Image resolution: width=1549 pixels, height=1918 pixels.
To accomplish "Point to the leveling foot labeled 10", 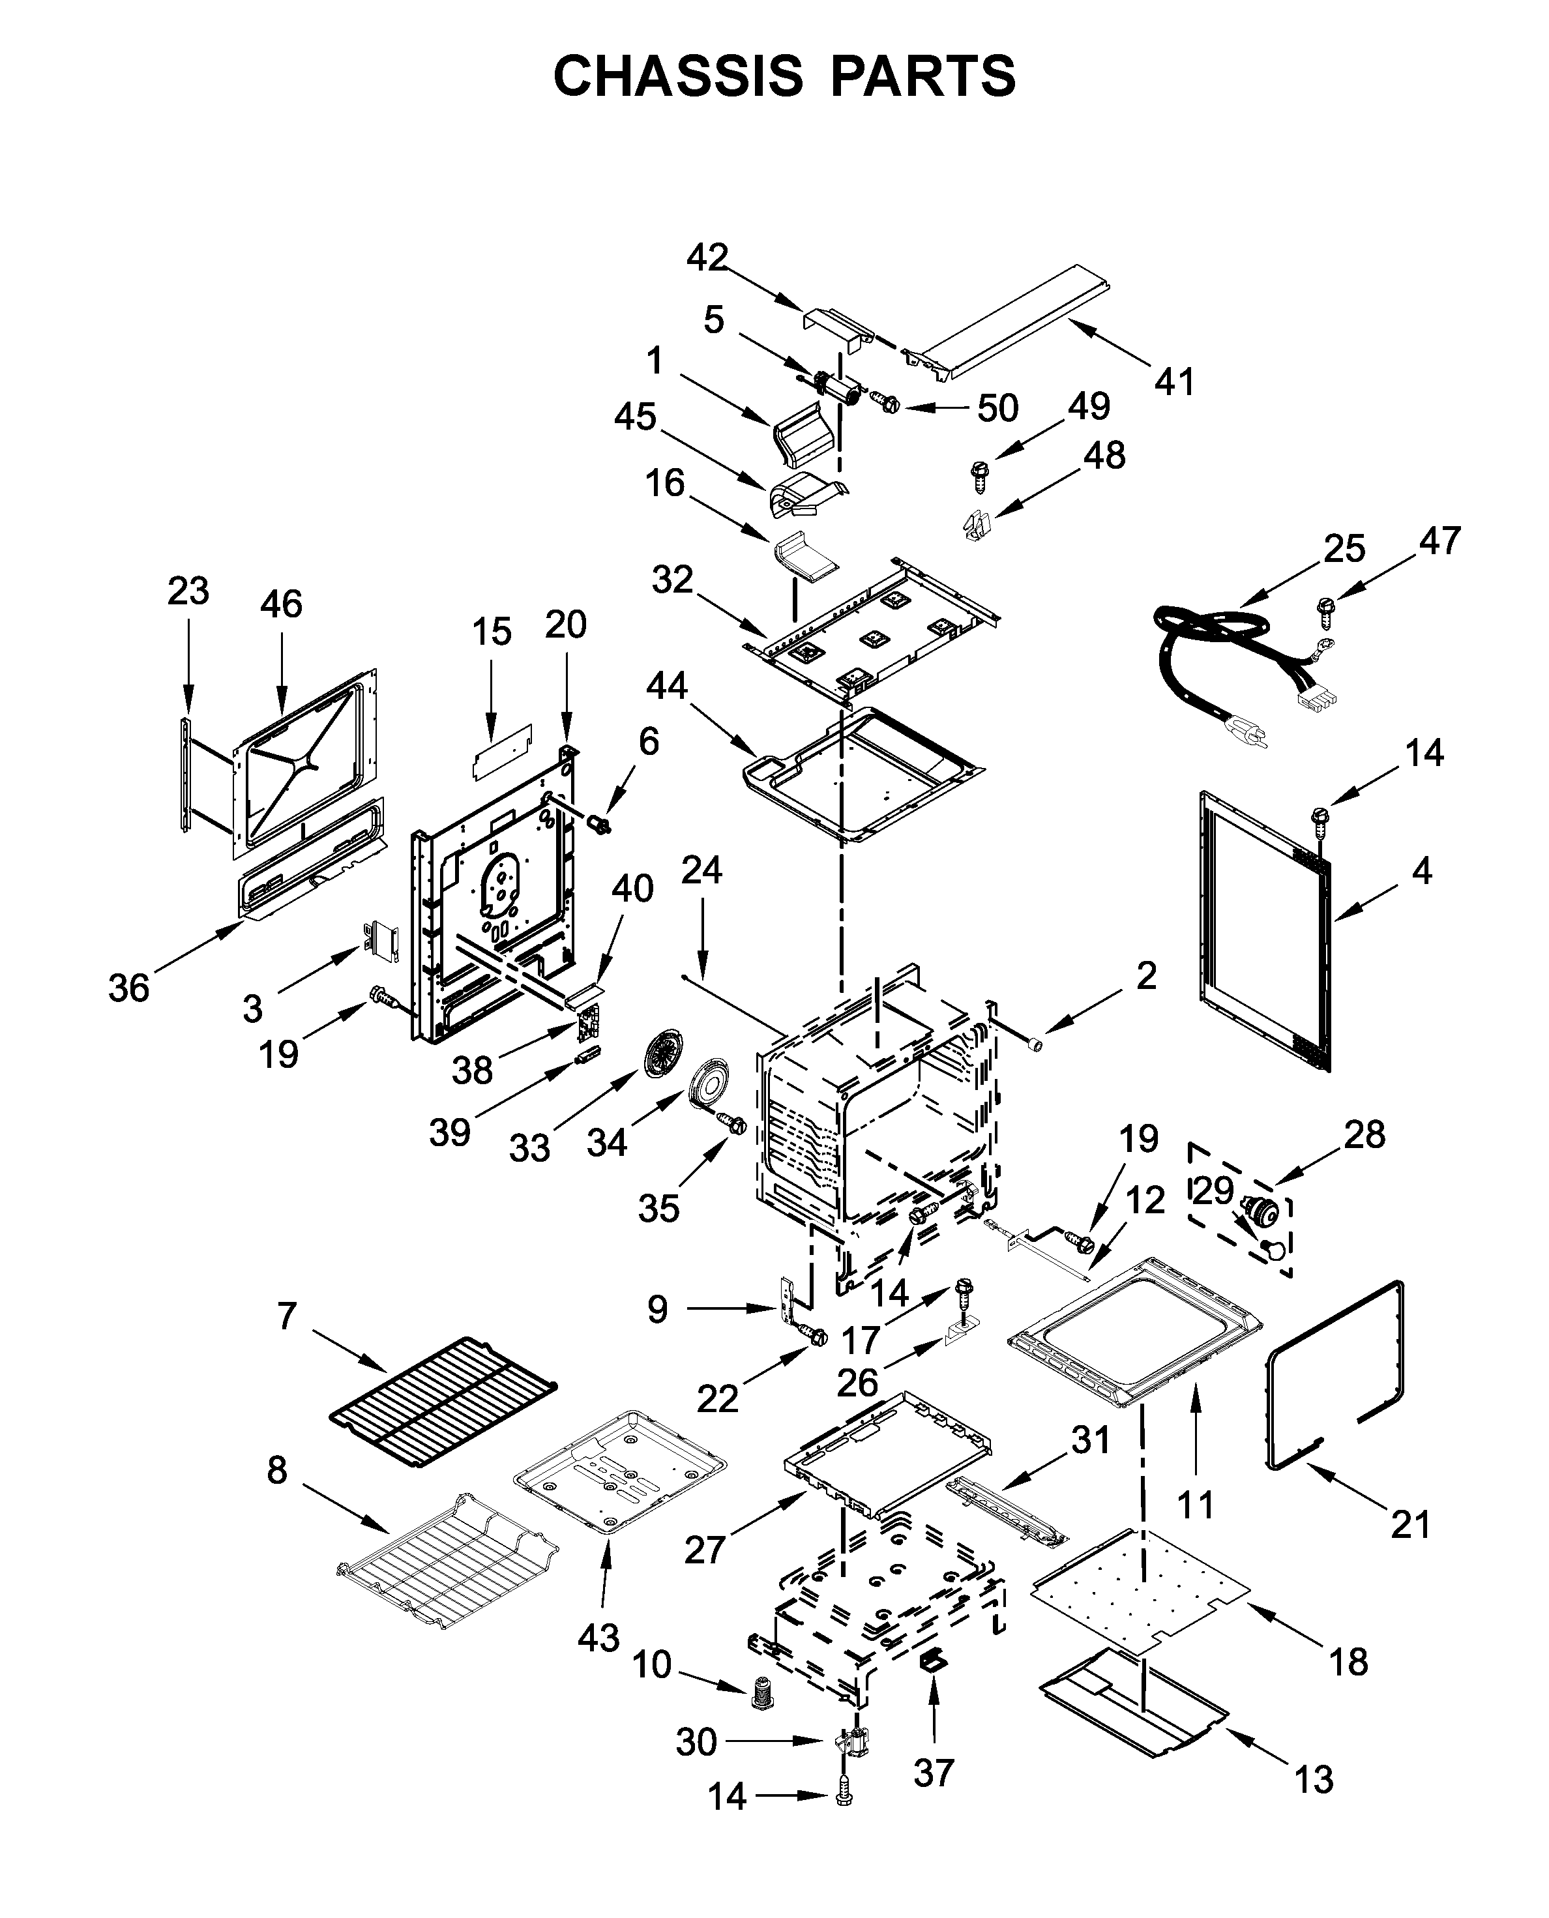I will (760, 1692).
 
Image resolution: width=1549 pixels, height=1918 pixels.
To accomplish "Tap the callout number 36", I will (128, 988).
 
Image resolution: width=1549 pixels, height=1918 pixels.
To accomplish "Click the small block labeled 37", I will (932, 1659).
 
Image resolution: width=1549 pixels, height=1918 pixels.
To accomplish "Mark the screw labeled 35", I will (734, 1124).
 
